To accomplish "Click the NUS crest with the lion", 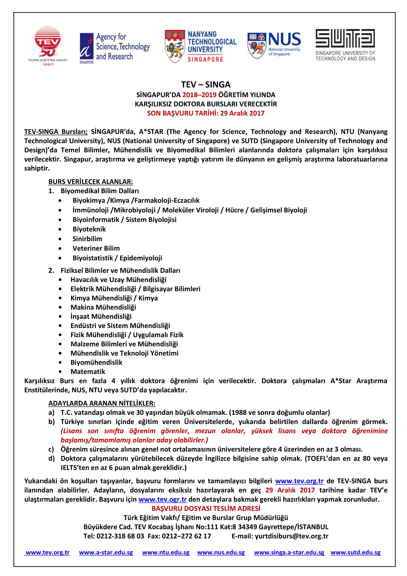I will tap(257, 45).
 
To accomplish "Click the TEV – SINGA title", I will tap(206, 85).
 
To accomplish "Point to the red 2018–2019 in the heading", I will tap(199, 95).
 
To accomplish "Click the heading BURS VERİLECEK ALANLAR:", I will tap(91, 182).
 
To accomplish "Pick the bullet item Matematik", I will tap(88, 371).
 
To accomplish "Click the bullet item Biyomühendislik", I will tap(96, 362).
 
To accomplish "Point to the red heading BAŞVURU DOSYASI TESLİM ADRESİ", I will tap(206, 509).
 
